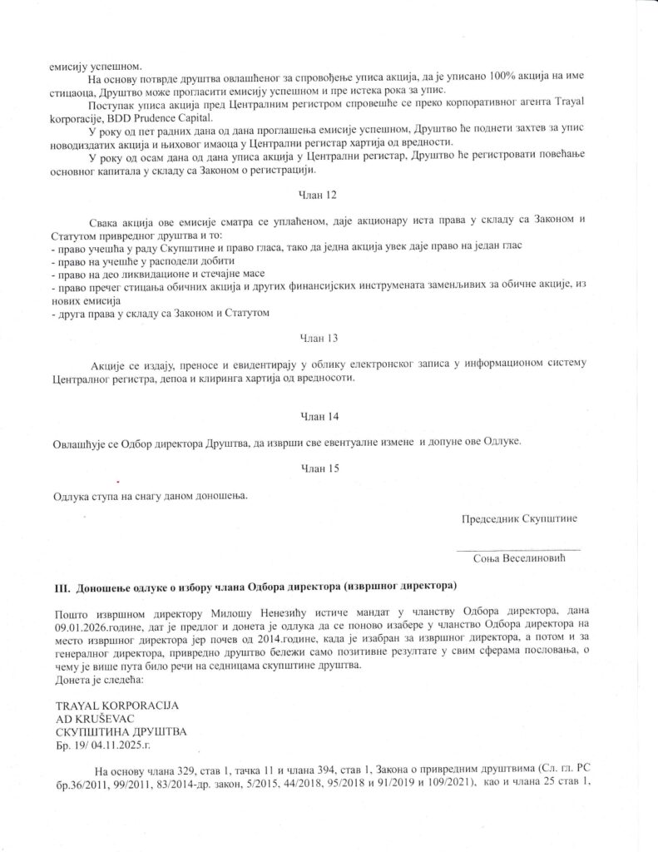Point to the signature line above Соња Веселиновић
pos(517,549)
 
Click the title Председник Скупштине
pos(520,518)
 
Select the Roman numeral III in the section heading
pos(61,587)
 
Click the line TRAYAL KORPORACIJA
pos(116,706)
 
